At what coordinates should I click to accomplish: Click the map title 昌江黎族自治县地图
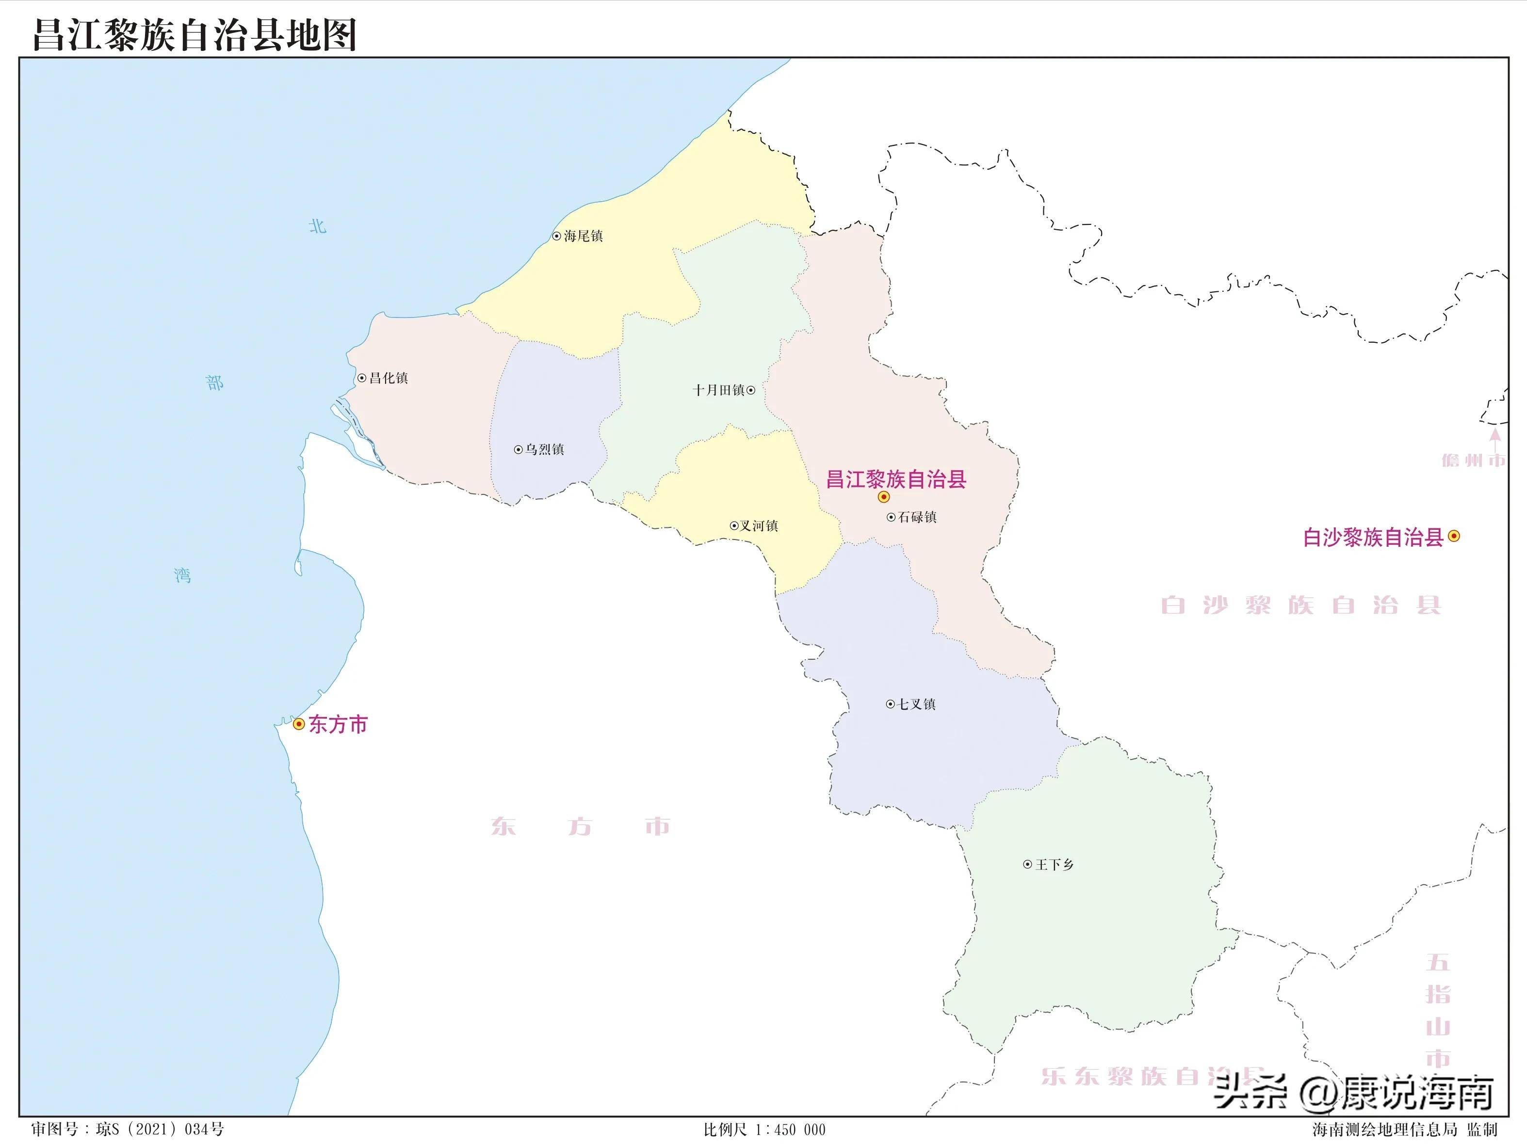195,34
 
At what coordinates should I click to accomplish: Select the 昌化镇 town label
388,378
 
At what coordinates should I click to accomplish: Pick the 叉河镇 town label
759,526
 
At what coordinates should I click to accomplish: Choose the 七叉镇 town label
917,704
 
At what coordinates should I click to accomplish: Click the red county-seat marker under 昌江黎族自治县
884,497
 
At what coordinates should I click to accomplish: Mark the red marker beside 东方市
299,724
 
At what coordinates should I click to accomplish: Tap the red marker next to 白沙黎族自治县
1454,536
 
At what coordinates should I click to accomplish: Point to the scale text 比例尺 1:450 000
764,1129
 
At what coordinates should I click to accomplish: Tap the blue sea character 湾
182,575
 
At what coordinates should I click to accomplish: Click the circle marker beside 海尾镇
556,236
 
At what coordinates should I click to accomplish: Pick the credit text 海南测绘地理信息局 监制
1405,1129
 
